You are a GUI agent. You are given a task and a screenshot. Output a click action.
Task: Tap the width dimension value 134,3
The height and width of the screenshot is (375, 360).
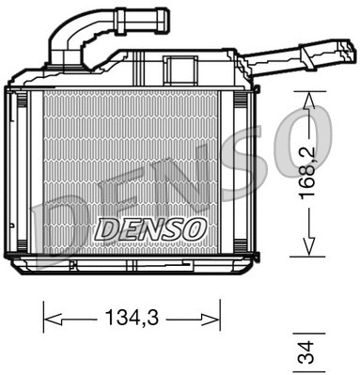pyautogui.click(x=131, y=319)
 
